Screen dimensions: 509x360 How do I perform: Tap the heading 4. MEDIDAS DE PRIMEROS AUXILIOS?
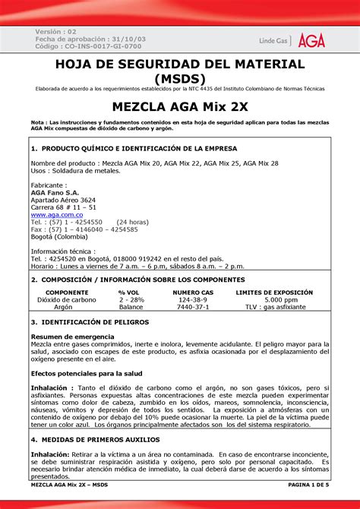coord(93,439)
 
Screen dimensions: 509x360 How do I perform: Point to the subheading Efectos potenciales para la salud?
coord(87,373)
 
